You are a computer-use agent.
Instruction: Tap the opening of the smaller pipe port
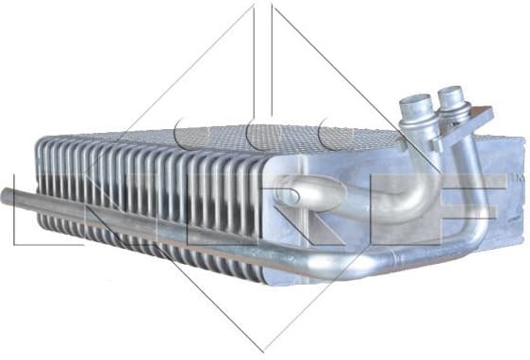451,93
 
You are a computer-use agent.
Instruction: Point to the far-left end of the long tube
6,195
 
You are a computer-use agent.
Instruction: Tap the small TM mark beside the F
518,176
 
